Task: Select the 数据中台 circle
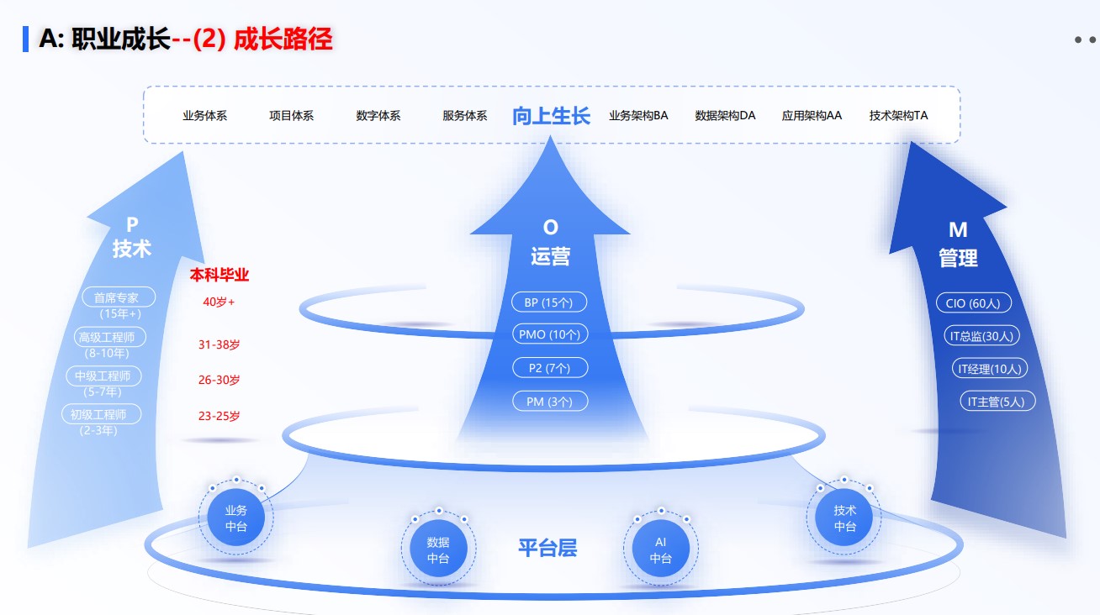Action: click(438, 550)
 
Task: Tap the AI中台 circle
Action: click(661, 550)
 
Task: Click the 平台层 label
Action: click(547, 549)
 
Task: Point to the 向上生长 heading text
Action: click(551, 116)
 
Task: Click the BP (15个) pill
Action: click(548, 302)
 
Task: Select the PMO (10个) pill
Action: click(550, 334)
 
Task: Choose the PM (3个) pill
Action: click(550, 402)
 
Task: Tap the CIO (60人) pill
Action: click(973, 303)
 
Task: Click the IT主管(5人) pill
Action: click(997, 402)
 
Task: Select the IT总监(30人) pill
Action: click(981, 336)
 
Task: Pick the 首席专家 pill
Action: click(119, 297)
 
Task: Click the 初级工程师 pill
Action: click(101, 414)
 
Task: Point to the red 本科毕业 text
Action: click(219, 275)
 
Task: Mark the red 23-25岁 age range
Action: click(219, 416)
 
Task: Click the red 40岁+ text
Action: click(219, 302)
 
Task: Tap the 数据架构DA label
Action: click(725, 116)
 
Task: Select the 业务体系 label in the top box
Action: click(205, 116)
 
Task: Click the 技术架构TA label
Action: click(898, 116)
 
